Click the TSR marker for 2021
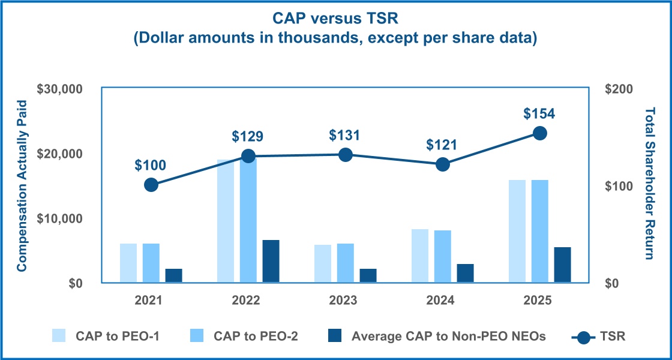151,185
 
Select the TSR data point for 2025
540,133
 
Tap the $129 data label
248,136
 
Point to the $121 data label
442,145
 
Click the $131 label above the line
345,135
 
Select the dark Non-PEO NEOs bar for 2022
271,261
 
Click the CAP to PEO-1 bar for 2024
420,256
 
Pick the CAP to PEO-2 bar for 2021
151,263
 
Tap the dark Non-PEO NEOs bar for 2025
563,265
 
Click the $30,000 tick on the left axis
59,89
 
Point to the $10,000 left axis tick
59,218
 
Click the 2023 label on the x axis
345,300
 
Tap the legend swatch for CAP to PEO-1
60,336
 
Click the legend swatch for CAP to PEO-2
198,336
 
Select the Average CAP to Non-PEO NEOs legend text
449,336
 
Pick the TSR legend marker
581,337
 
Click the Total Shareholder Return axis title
650,184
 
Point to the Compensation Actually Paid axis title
22,185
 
